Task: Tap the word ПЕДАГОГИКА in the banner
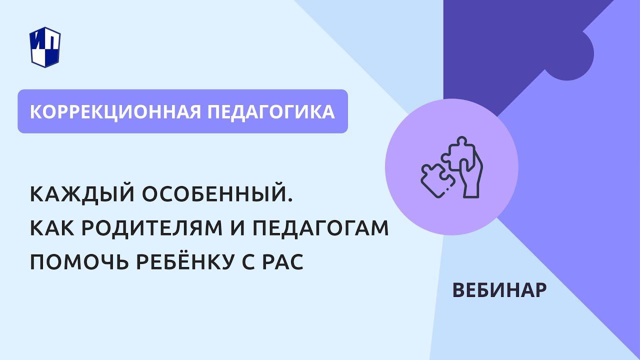pos(270,111)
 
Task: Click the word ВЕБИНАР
pos(499,290)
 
